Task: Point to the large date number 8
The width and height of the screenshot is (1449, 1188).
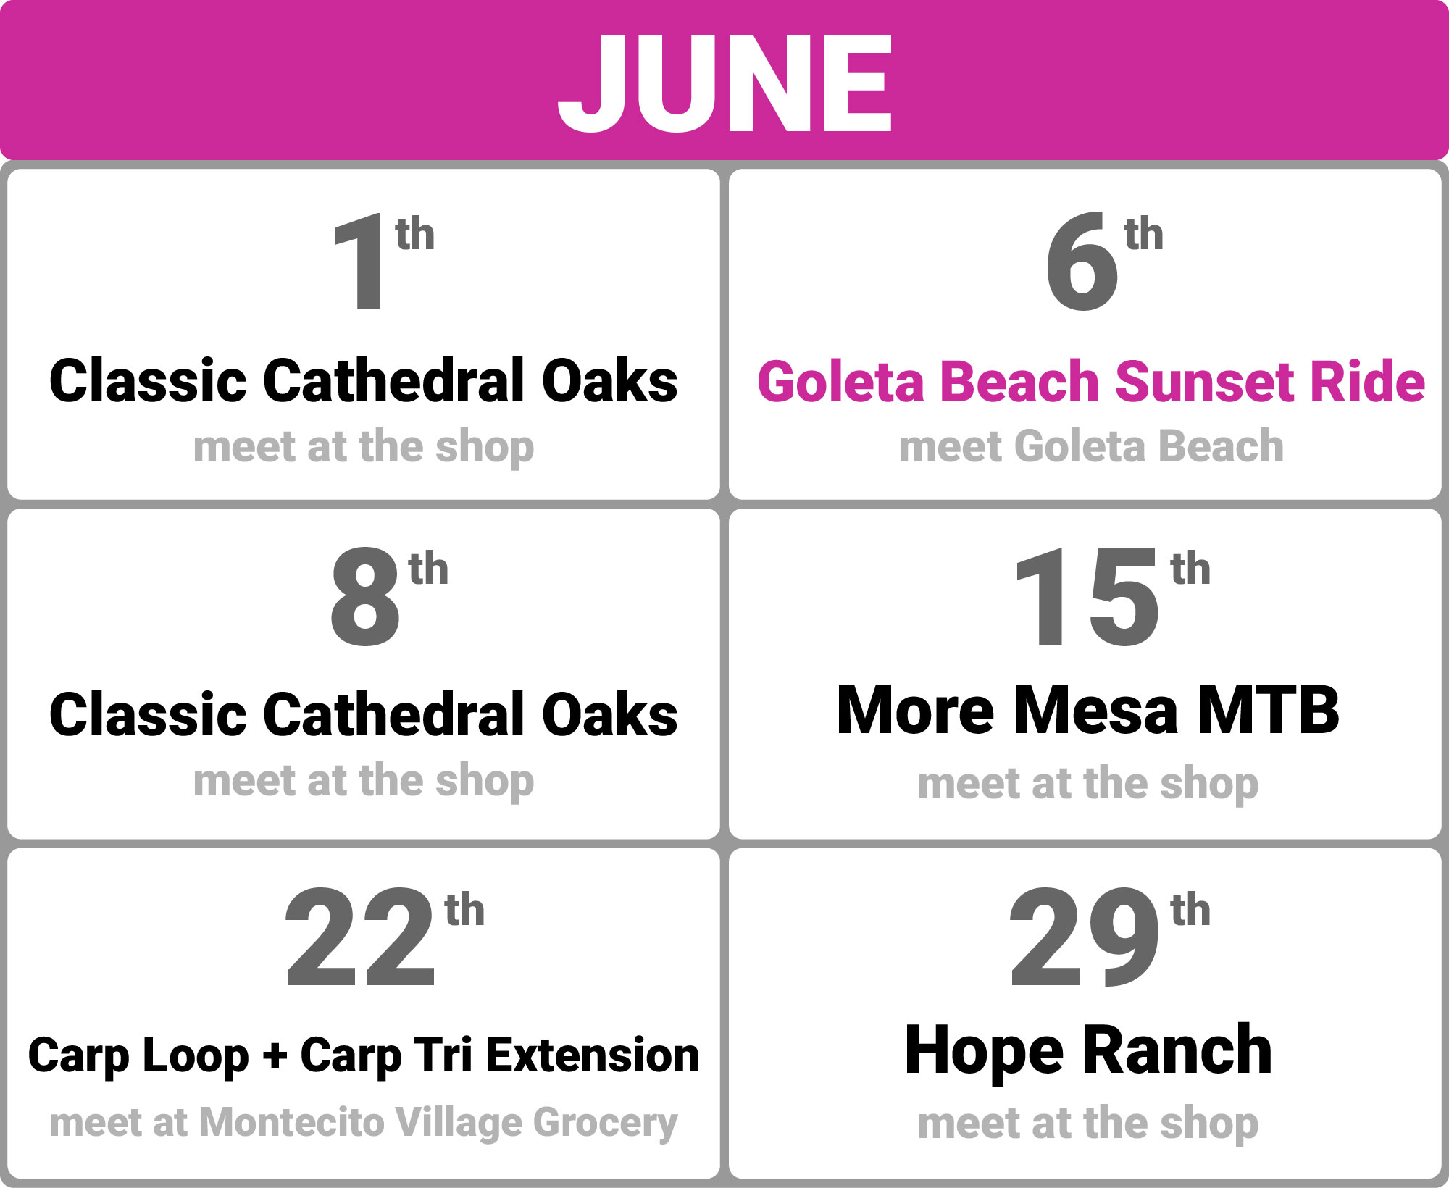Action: [364, 596]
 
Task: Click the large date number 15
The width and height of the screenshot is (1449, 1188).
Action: [1087, 596]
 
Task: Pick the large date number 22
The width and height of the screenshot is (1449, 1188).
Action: [360, 937]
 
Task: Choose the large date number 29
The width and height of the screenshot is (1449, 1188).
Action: [1085, 937]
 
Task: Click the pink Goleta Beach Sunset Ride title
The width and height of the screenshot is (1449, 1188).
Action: [1091, 382]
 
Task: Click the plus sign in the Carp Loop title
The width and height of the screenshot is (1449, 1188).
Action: [275, 1055]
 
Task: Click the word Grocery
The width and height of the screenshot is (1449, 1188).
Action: [606, 1124]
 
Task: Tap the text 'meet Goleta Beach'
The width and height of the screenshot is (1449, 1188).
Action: [1091, 446]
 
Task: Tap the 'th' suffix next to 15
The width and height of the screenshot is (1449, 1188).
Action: [1190, 569]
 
